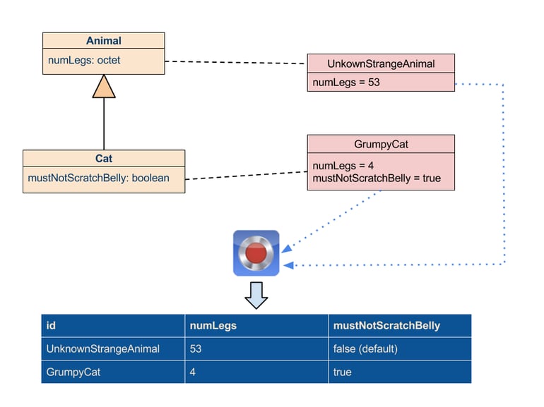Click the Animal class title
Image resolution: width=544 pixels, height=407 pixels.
104,40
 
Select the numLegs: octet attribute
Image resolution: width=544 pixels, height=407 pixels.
84,60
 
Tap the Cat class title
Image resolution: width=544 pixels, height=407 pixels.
104,158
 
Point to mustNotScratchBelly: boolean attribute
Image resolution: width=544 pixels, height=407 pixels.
98,178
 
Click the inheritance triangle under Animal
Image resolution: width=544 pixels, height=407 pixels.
104,87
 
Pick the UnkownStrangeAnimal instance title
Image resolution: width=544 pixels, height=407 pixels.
381,63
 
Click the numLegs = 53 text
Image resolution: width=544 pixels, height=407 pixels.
346,83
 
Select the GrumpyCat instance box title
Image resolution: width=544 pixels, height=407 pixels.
381,144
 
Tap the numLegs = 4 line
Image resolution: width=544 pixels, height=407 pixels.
343,166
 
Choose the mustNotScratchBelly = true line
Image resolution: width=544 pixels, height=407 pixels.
377,178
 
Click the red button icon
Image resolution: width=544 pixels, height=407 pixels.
256,253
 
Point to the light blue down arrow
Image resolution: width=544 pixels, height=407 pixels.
256,295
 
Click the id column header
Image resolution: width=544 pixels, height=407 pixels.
51,325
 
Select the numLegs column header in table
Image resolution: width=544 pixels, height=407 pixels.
213,326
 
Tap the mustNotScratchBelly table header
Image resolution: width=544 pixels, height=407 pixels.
386,326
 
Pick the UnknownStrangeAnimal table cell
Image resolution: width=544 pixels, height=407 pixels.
102,348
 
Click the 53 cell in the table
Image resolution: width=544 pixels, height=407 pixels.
195,348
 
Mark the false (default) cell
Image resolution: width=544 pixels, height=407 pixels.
365,348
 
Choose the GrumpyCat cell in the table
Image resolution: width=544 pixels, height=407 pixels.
73,372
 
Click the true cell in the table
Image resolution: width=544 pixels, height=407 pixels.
342,372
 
